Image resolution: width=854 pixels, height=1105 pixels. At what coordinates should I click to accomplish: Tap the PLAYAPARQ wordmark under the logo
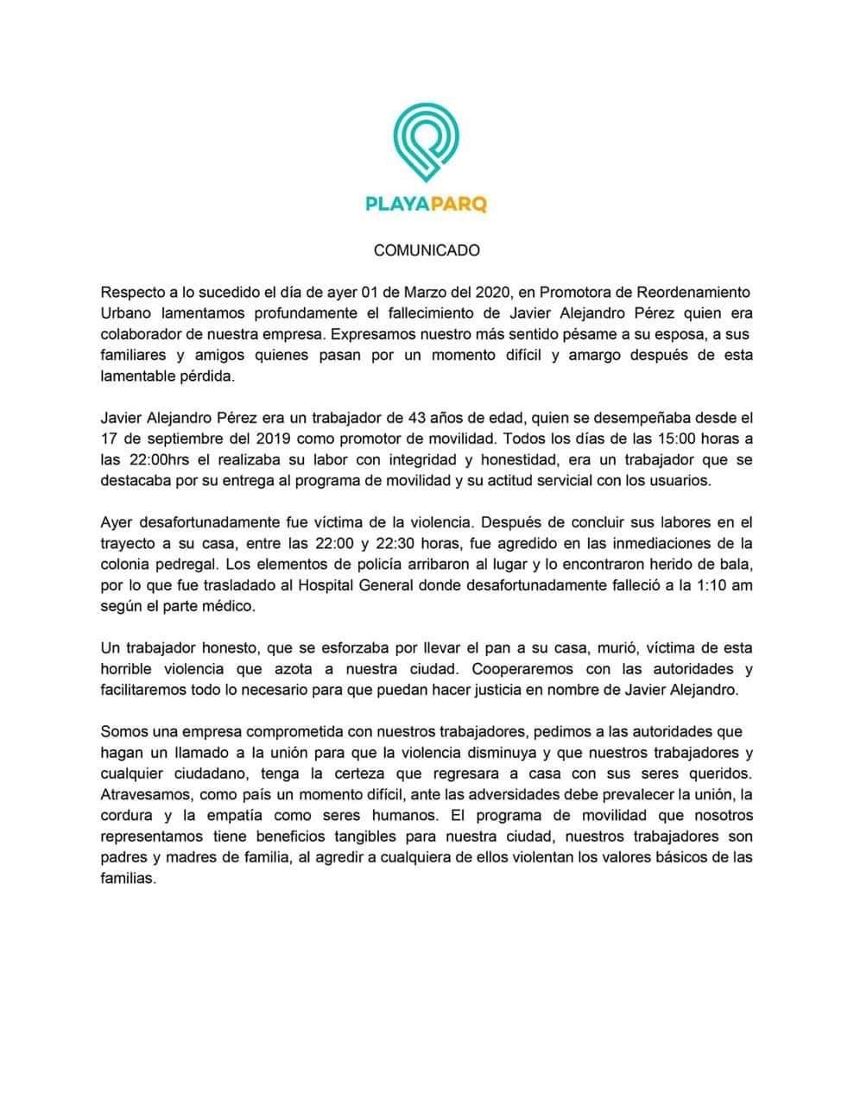click(426, 205)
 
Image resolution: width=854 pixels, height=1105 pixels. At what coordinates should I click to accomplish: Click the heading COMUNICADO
click(427, 250)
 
